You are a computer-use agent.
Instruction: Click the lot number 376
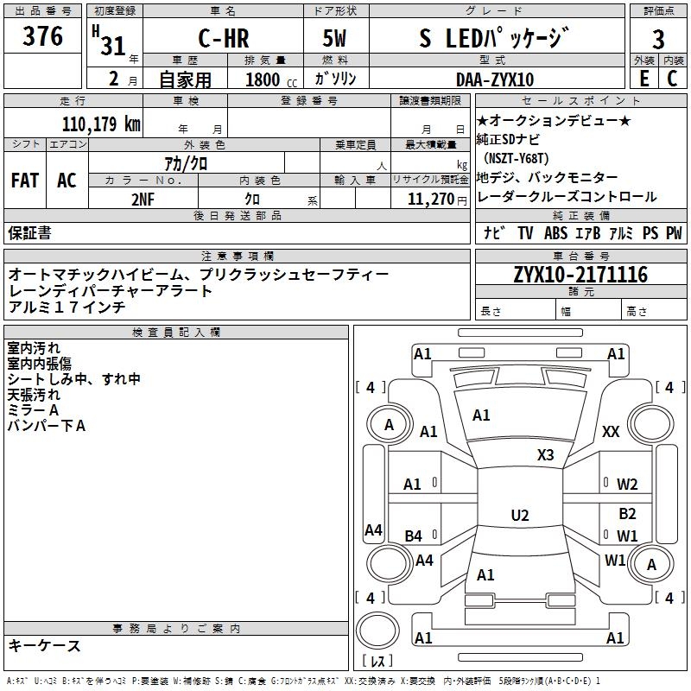43,37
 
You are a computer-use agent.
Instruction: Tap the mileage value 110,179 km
101,124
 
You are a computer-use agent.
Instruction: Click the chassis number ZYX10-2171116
580,275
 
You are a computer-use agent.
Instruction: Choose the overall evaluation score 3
658,40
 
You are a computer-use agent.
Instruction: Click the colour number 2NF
143,199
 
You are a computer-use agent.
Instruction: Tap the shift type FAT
24,181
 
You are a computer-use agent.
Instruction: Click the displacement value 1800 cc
269,79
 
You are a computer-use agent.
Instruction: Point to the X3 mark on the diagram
546,455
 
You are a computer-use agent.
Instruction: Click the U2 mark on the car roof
520,516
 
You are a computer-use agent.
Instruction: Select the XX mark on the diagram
611,432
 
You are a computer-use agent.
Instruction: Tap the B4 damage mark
414,536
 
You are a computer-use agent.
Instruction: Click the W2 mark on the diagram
627,485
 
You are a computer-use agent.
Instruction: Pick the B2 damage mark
627,514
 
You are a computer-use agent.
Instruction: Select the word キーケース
44,645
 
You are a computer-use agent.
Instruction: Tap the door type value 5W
337,40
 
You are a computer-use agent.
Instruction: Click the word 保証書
29,233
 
